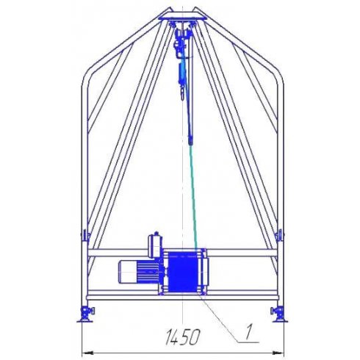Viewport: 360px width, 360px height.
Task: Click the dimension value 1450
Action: click(x=183, y=337)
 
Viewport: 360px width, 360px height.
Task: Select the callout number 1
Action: click(x=248, y=332)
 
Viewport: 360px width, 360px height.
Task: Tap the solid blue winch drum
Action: click(x=183, y=271)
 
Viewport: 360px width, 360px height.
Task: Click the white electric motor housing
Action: click(x=128, y=272)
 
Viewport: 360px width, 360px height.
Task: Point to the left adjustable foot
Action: click(x=86, y=314)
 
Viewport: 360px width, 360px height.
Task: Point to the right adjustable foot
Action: click(x=279, y=314)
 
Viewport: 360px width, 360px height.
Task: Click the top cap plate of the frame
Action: click(x=183, y=18)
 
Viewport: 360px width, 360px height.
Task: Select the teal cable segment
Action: click(x=194, y=198)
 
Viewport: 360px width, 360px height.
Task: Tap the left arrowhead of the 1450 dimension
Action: click(x=87, y=353)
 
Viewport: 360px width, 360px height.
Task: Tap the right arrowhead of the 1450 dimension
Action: click(x=278, y=353)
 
